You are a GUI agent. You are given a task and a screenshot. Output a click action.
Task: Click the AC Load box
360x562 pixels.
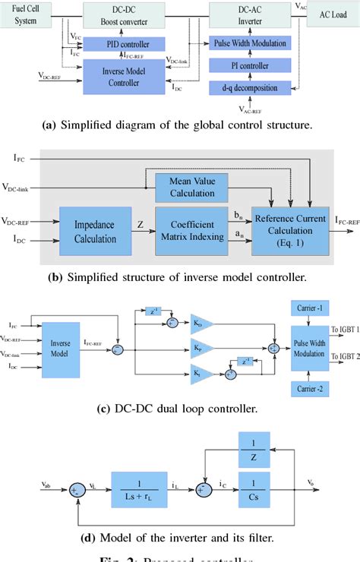329,14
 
